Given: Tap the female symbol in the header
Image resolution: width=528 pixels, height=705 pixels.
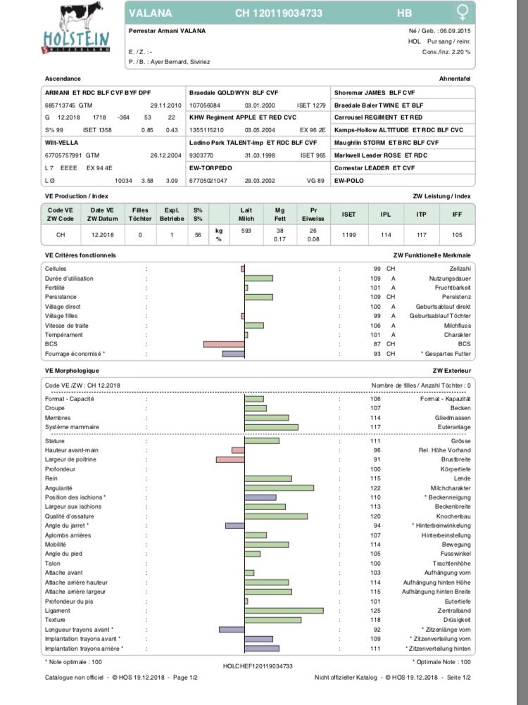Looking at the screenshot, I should pos(463,13).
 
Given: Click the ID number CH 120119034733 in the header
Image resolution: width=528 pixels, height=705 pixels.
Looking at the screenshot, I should pos(289,13).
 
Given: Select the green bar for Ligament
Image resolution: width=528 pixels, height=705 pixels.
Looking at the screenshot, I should pos(284,611).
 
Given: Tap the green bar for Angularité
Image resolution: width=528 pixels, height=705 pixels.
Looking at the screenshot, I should pos(279,488).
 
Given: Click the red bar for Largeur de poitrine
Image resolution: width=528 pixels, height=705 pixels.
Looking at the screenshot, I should pos(230,459).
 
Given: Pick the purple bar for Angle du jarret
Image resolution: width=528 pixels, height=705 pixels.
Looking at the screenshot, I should pos(234,526).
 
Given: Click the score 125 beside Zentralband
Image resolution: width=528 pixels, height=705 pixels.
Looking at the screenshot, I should pos(376,611).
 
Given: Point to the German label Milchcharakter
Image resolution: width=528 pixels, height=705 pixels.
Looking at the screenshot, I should pos(451,488).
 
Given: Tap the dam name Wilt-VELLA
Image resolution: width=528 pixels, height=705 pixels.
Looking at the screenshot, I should pos(61,143).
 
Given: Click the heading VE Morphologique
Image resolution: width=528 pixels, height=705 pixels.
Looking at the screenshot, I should pos(72,370).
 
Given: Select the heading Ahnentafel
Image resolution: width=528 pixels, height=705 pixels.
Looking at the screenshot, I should pos(455,79).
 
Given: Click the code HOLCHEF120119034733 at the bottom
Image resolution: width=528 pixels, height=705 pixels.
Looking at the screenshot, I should pos(258,665).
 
